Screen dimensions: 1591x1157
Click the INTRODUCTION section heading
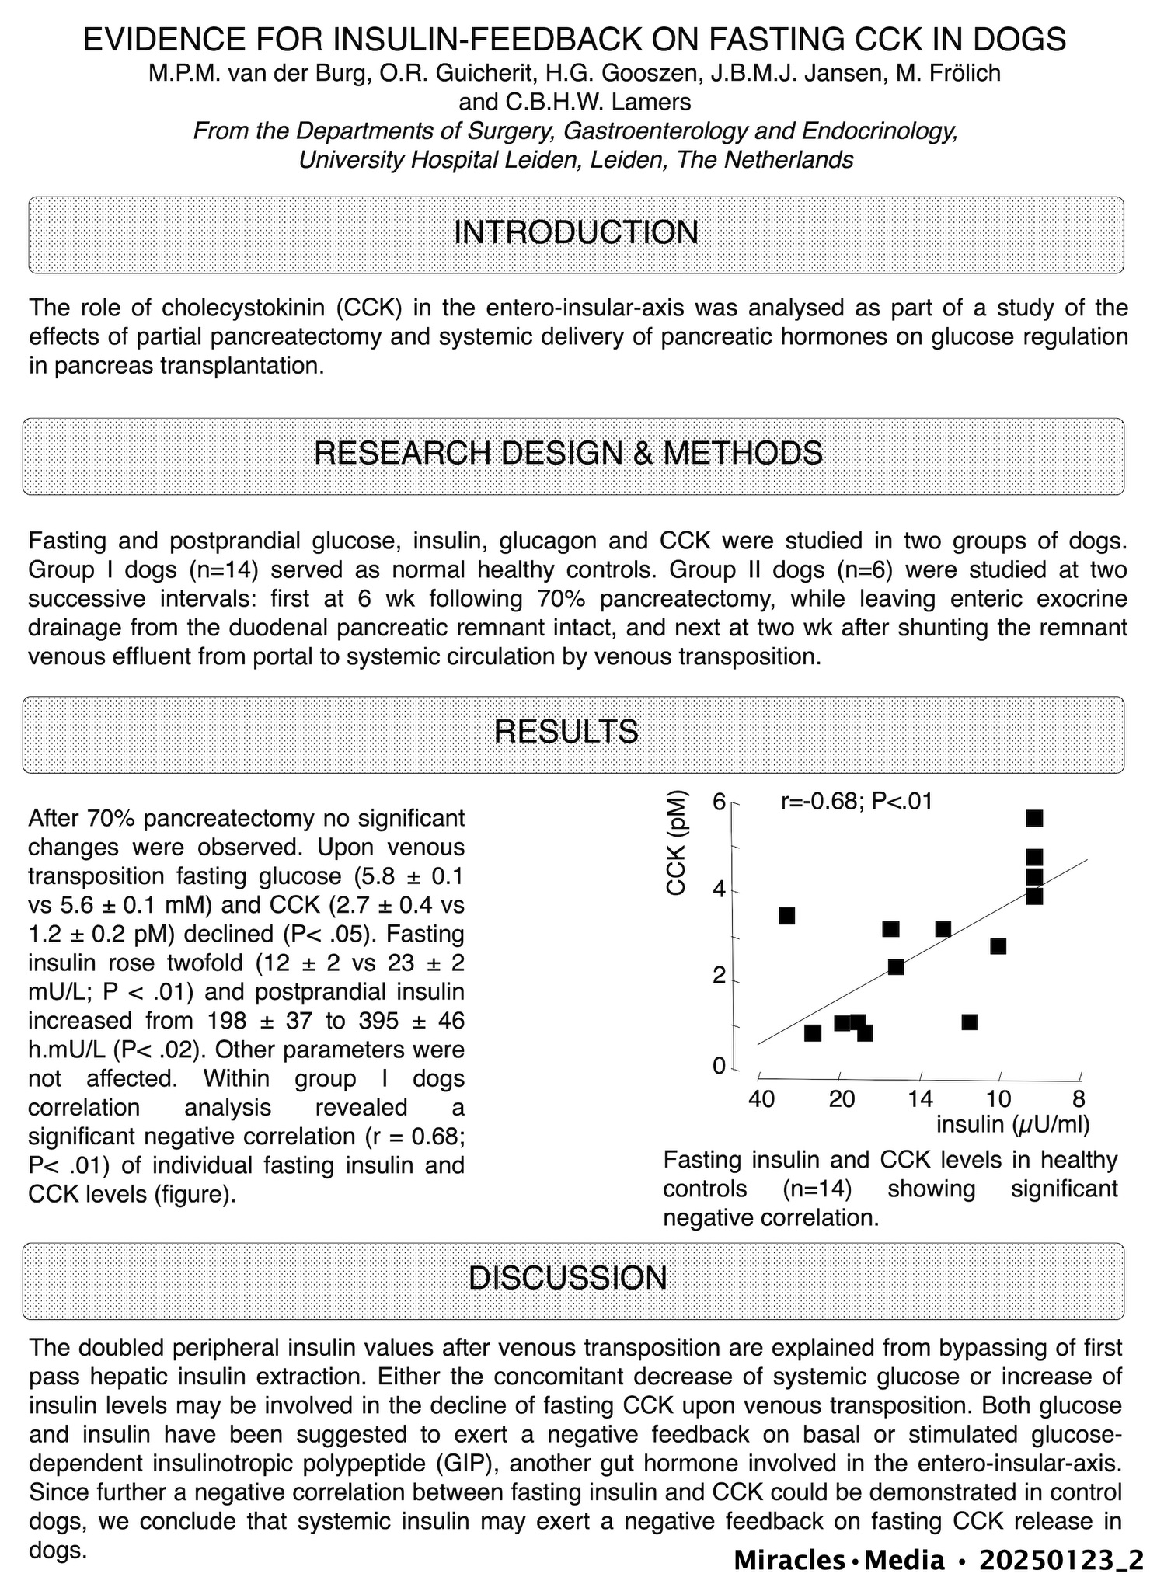click(576, 233)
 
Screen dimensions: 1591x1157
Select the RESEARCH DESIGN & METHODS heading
click(568, 453)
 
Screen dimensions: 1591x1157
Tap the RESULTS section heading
click(566, 732)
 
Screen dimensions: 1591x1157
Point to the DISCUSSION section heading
click(568, 1278)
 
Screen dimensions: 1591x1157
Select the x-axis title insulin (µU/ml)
click(1012, 1123)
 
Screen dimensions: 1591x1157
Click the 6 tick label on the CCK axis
click(720, 802)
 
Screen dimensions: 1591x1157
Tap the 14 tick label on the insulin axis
click(919, 1099)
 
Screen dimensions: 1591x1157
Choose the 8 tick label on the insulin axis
click(1079, 1099)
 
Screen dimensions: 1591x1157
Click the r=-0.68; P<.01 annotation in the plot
click(856, 801)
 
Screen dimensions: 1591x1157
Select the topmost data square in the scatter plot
click(1034, 818)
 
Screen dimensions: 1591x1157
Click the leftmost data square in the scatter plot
click(786, 916)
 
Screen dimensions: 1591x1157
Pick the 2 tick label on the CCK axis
click(720, 977)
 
